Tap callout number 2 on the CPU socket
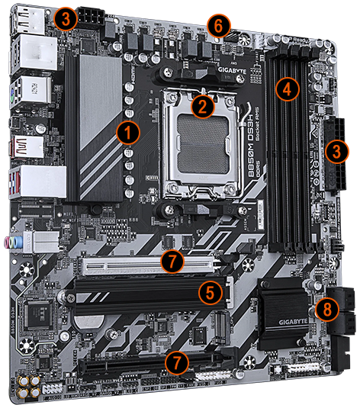pos(202,106)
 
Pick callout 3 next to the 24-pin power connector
pos(334,151)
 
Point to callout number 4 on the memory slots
pos(286,88)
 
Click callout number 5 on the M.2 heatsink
pos(212,292)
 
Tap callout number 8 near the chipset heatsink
pos(326,309)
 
